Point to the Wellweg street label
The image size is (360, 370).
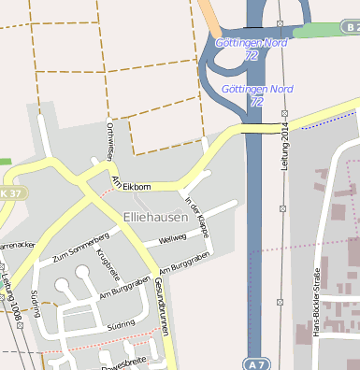tap(173, 238)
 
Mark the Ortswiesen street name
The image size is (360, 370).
tap(110, 140)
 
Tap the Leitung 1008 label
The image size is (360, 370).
tap(13, 301)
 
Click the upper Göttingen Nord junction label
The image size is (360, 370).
tap(252, 43)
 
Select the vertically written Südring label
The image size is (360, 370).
tap(35, 304)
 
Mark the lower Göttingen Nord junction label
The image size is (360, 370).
tap(257, 90)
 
